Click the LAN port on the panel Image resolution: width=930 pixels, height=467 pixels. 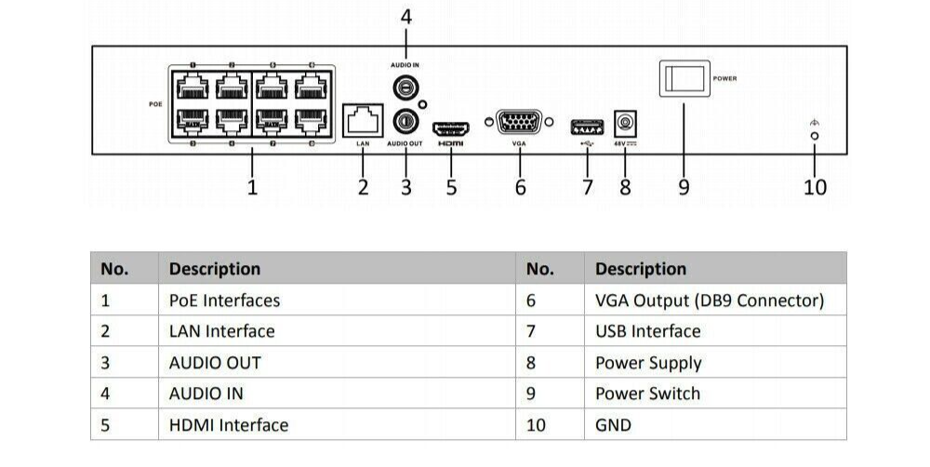pos(363,119)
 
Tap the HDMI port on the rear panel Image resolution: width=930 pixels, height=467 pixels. pos(452,127)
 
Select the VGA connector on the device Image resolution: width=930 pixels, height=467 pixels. pos(519,123)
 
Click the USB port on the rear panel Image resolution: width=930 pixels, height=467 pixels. pos(586,125)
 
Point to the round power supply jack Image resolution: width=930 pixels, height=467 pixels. pos(625,123)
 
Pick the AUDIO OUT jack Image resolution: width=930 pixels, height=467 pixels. pos(405,121)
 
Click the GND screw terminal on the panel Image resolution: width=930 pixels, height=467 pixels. pos(815,136)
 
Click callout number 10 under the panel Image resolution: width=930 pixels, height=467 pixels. pos(815,187)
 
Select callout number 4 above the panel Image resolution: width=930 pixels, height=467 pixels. pos(405,17)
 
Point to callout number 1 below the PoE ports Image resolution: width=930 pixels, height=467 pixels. pos(252,187)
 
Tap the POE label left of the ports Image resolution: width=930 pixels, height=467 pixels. pos(155,103)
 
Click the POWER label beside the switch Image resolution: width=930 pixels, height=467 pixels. pos(725,79)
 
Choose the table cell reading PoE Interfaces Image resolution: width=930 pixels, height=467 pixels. pos(224,300)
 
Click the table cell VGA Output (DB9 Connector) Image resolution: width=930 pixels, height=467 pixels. pos(709,300)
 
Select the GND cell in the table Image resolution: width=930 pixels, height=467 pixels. pos(613,425)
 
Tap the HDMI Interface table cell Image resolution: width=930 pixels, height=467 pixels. pos(229,425)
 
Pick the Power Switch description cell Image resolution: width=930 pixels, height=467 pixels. pos(647,394)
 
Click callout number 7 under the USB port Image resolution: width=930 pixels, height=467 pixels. pos(587,187)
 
